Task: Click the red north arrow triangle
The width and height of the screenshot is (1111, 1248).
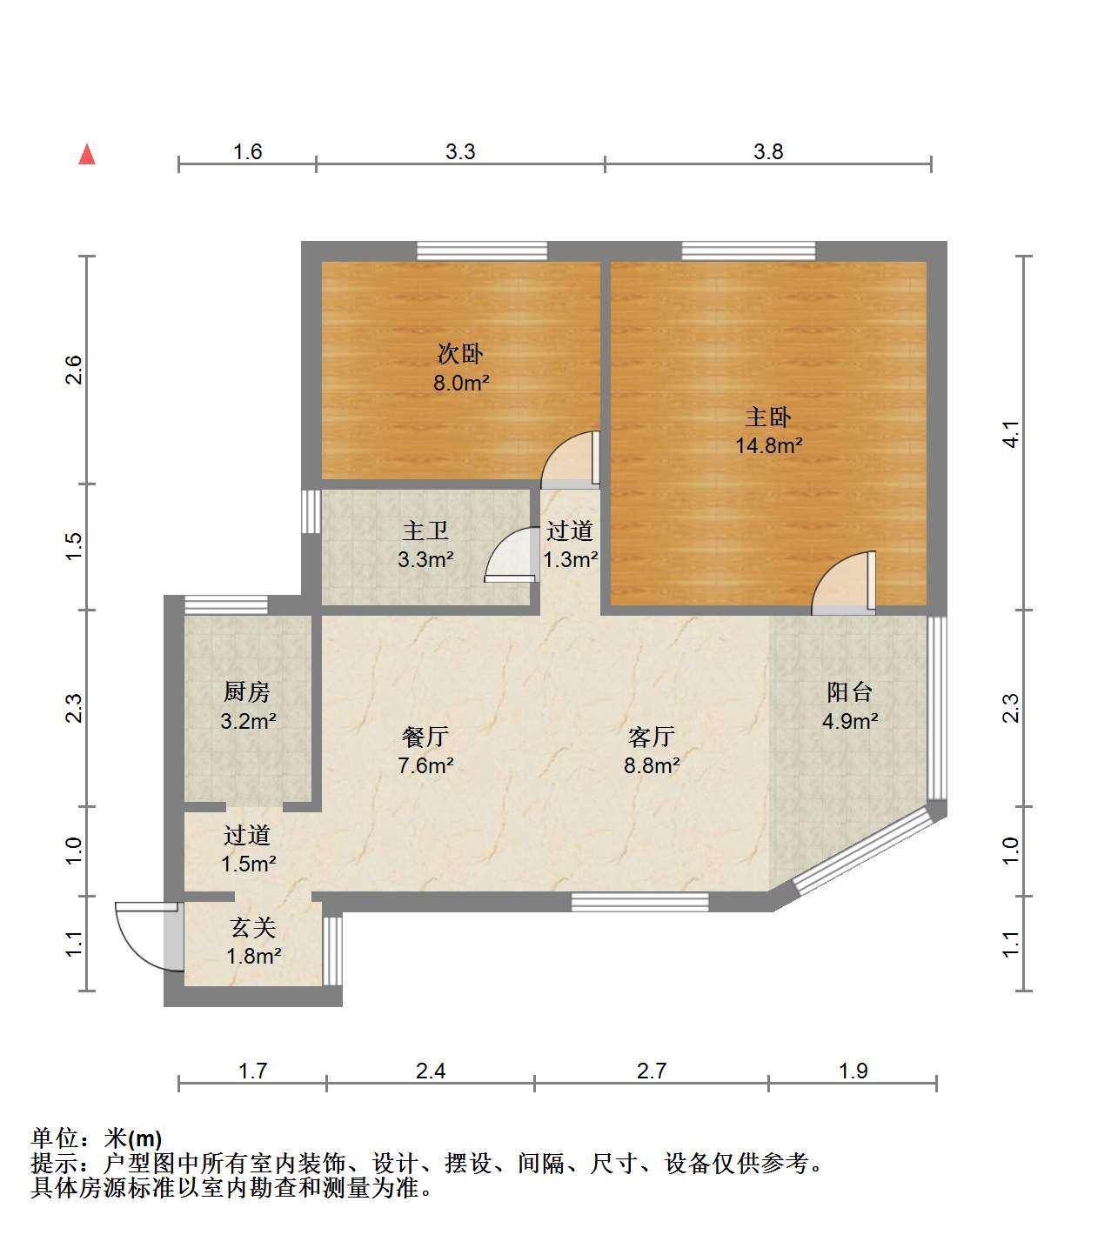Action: click(x=87, y=155)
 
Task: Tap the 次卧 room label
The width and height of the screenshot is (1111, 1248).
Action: click(x=459, y=354)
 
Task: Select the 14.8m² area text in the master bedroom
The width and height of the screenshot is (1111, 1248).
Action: click(x=768, y=445)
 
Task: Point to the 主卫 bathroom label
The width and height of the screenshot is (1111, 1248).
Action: click(x=425, y=531)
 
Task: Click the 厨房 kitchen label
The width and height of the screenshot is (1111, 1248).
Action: click(x=247, y=691)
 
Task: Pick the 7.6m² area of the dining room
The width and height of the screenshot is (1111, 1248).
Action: click(x=425, y=765)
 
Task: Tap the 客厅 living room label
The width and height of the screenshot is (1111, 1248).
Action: click(x=652, y=736)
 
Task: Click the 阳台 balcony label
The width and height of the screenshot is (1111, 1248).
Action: click(x=850, y=691)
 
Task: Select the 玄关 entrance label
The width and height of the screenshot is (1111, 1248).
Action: click(x=253, y=927)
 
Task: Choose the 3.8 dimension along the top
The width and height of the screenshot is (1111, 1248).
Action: click(x=767, y=151)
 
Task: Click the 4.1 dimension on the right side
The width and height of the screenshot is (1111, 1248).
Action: click(x=1011, y=434)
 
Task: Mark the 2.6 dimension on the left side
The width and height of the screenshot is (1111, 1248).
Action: click(x=73, y=370)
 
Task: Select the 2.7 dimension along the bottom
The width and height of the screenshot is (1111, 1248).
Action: click(x=652, y=1071)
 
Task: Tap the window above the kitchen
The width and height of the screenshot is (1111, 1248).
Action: click(x=226, y=604)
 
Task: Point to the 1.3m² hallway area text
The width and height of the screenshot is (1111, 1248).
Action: click(x=570, y=559)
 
